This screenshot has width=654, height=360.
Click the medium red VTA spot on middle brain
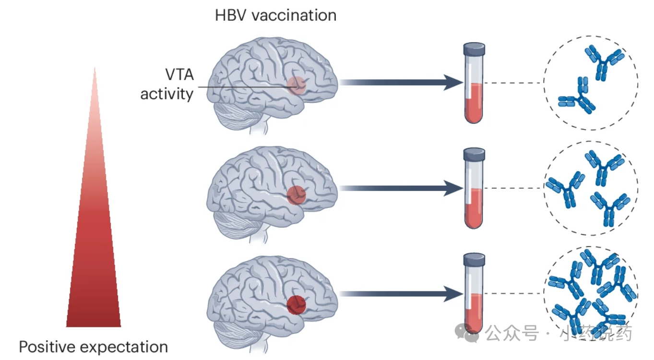click(296, 195)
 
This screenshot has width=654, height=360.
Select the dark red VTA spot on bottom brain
click(296, 304)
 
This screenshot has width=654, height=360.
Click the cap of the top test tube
click(474, 48)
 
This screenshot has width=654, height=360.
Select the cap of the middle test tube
click(474, 154)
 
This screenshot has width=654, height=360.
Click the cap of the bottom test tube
click(474, 260)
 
